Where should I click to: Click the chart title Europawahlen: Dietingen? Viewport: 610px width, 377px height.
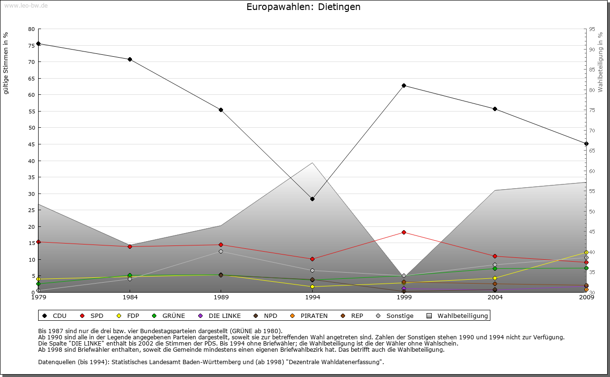304,7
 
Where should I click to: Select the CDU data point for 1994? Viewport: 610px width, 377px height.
312,199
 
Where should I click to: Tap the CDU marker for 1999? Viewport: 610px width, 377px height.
404,85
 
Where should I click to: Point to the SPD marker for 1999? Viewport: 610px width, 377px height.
404,232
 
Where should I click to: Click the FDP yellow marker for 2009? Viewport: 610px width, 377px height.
586,253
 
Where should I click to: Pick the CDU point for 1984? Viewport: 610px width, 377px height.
130,59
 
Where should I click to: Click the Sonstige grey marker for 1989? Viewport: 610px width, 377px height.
221,251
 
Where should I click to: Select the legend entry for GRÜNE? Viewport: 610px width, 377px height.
169,316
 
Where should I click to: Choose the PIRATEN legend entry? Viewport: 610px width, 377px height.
309,316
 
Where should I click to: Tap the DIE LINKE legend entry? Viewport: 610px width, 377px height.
220,316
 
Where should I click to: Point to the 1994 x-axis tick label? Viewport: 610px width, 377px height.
312,298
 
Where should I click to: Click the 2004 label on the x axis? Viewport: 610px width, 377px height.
495,298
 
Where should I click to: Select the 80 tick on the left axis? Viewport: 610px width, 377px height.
31,29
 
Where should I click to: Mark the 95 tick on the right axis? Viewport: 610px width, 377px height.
592,29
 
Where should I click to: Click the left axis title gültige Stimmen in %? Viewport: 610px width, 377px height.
6,63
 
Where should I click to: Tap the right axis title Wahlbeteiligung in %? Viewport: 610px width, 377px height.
600,62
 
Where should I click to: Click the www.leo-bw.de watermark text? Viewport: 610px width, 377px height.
26,5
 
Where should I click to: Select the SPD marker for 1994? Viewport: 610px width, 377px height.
312,259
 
